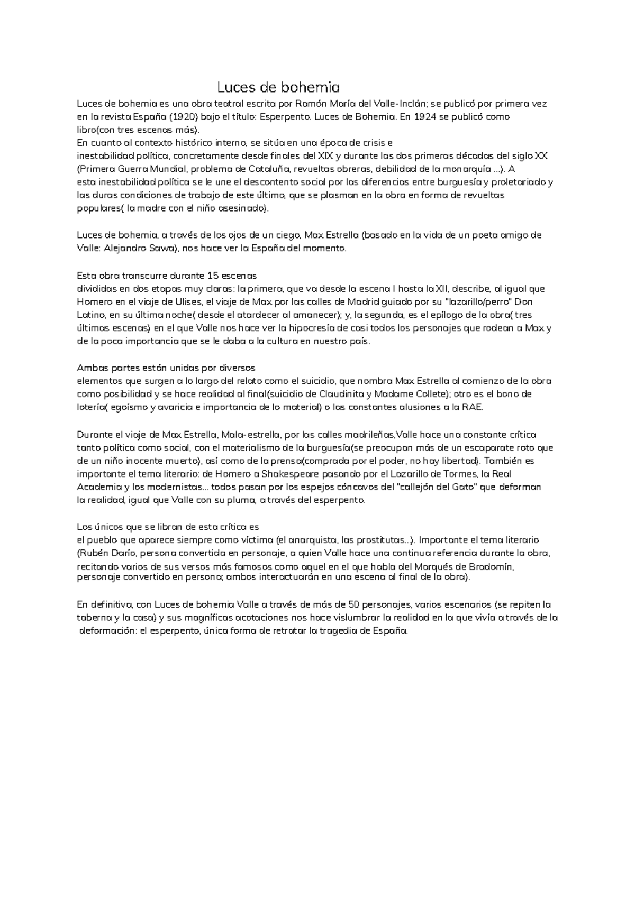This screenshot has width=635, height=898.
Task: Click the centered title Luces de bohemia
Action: [x=278, y=87]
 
